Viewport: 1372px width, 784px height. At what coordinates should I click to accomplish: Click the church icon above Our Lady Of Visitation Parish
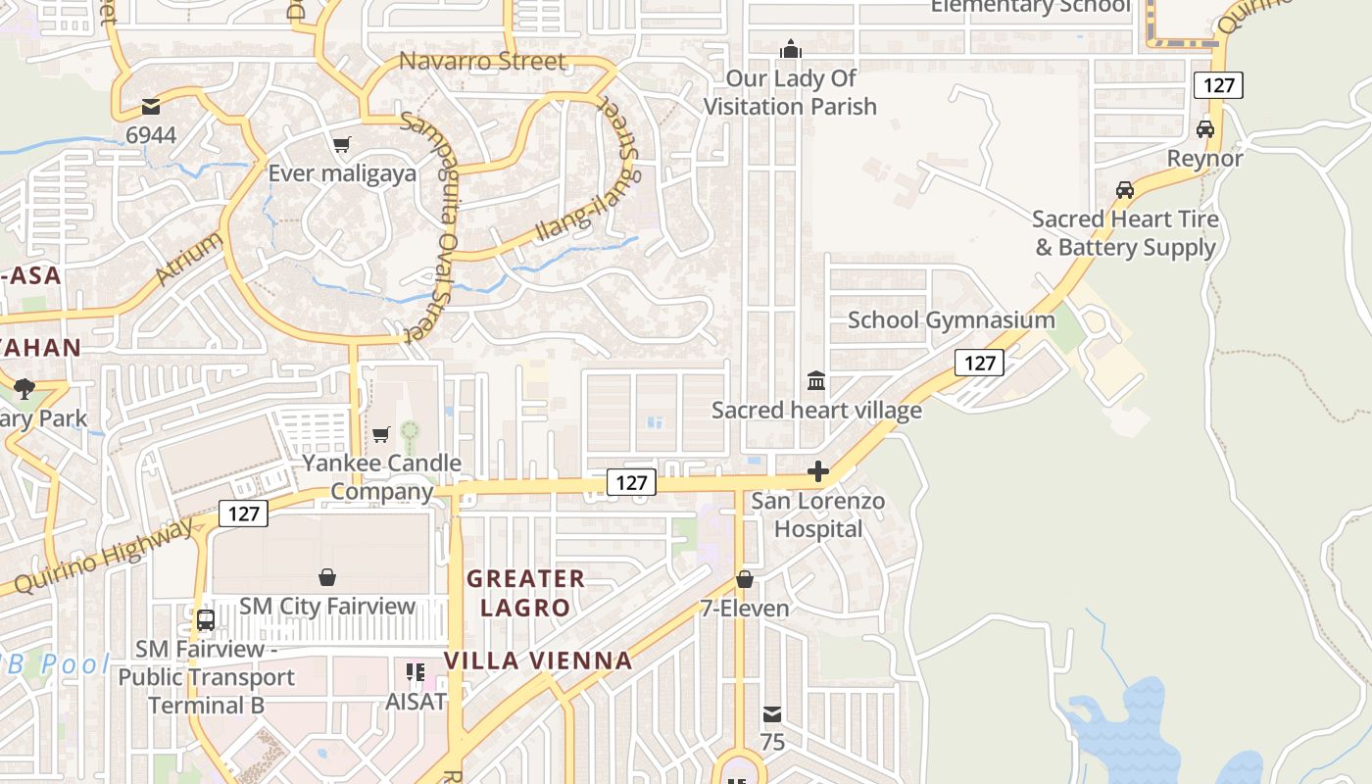(790, 49)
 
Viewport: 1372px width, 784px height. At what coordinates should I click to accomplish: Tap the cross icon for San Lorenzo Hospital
(818, 472)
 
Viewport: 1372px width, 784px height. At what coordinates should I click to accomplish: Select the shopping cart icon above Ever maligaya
(342, 145)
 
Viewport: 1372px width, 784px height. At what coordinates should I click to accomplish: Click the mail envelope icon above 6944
(151, 106)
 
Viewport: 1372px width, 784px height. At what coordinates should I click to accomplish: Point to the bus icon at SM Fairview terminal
(206, 619)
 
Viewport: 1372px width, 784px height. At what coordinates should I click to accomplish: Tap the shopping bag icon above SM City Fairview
(327, 578)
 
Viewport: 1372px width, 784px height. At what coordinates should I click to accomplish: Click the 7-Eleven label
(745, 609)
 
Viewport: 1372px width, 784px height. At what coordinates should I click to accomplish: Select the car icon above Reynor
(1205, 129)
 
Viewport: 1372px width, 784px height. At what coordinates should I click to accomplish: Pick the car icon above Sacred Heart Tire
(1125, 190)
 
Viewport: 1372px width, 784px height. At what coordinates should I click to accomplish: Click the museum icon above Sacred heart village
(816, 380)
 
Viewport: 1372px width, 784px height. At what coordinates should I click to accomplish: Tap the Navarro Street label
(482, 62)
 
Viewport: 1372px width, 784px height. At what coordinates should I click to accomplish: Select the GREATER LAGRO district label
(525, 593)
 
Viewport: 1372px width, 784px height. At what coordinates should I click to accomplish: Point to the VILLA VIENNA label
(538, 661)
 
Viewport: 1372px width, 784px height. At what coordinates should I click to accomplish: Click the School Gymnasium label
(951, 320)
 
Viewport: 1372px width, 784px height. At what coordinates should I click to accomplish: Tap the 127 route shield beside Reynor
(1218, 85)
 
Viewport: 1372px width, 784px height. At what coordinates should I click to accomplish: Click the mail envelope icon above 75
(772, 713)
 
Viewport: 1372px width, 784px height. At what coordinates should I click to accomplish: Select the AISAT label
(416, 702)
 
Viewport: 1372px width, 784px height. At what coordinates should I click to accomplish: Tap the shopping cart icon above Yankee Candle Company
(381, 434)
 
